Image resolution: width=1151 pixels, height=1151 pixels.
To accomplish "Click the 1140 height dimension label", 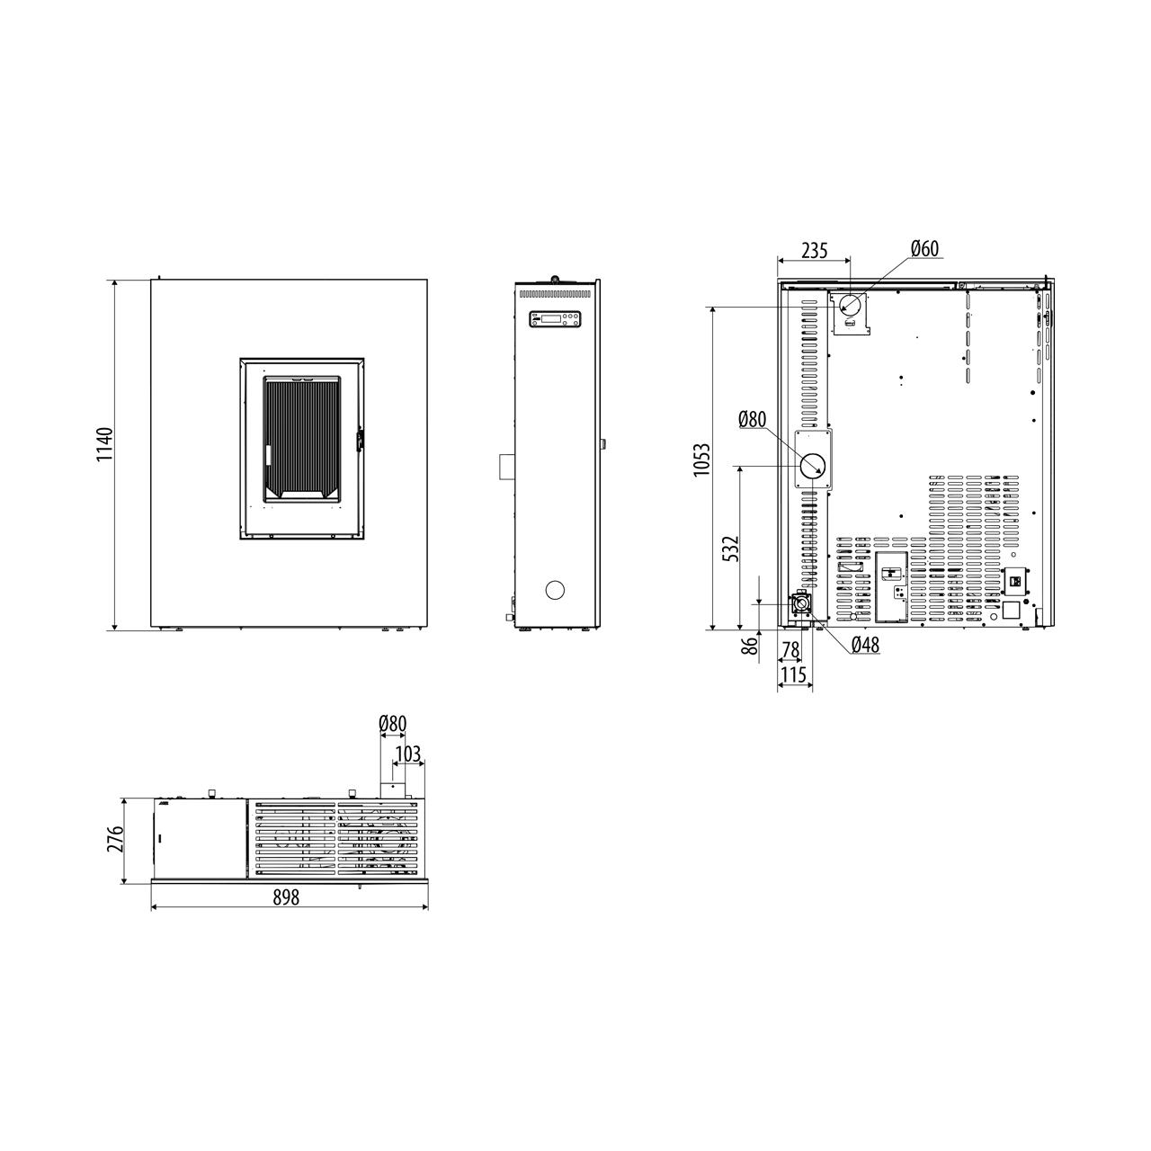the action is [105, 444].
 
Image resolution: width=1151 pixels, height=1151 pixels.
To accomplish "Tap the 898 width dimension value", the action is [286, 897].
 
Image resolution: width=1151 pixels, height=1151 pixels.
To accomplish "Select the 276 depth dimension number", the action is [115, 839].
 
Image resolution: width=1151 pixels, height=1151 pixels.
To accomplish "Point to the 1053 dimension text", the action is [702, 460].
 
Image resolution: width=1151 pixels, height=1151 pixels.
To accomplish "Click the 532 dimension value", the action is [730, 549].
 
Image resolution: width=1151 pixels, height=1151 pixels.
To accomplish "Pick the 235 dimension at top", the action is [815, 250].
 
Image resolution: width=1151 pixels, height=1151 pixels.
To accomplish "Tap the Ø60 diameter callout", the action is [925, 248].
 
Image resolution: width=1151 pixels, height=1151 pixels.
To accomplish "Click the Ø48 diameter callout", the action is [865, 645].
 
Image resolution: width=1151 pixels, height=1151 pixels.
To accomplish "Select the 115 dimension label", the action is [794, 675].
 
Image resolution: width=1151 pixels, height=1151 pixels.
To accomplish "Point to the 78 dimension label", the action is [790, 650].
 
